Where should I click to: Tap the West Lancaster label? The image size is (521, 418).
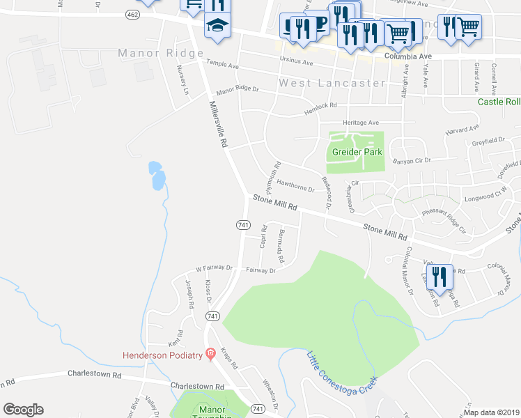click(x=332, y=83)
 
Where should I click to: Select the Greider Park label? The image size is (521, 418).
click(x=356, y=151)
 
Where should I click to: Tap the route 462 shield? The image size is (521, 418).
click(x=133, y=14)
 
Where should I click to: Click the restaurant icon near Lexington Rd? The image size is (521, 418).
click(x=437, y=276)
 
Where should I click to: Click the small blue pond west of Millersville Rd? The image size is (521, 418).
click(x=157, y=176)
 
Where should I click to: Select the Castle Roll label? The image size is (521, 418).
click(x=499, y=102)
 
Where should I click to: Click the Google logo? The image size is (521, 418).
click(x=23, y=410)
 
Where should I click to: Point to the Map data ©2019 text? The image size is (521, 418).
click(x=492, y=412)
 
